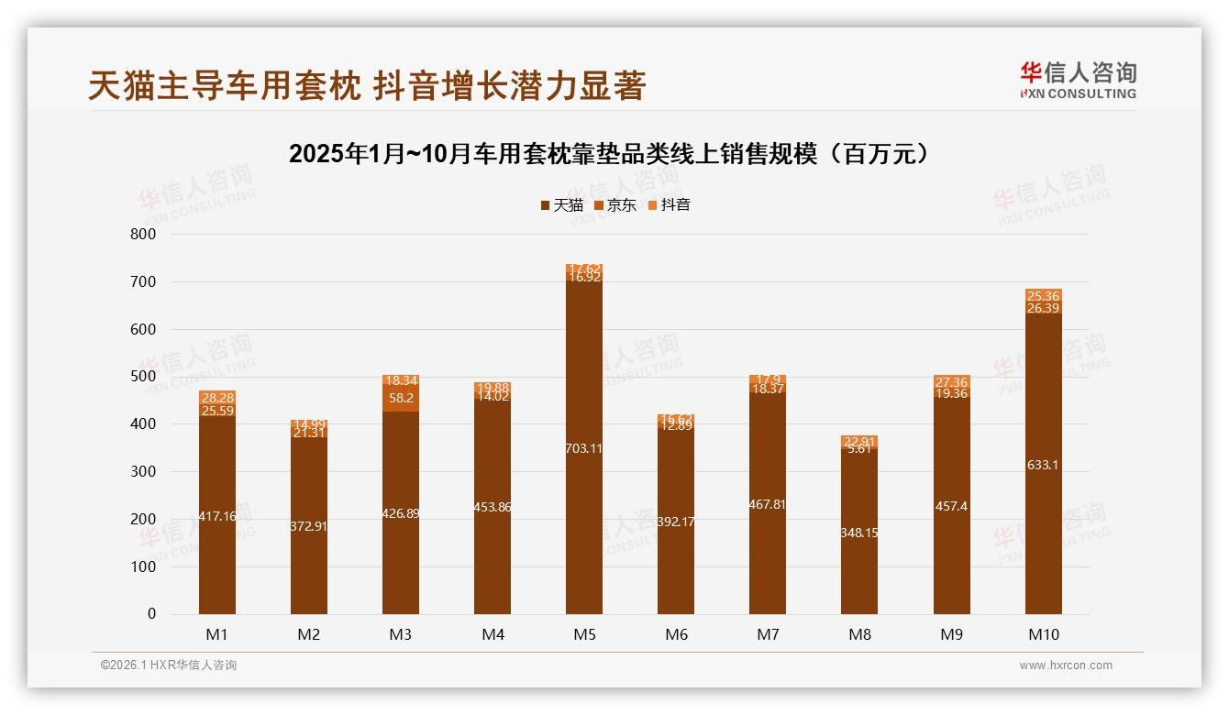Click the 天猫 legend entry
(562, 205)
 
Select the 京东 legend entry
(615, 205)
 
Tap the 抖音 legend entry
(670, 205)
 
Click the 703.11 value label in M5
(584, 448)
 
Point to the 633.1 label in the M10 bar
(1044, 465)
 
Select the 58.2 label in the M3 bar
(401, 399)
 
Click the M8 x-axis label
(859, 634)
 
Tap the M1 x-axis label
(217, 634)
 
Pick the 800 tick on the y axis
(143, 235)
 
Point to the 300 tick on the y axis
(143, 472)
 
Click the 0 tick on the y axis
(151, 614)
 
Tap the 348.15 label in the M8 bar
(859, 533)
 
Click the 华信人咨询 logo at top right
(1079, 80)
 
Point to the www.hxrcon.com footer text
(1066, 665)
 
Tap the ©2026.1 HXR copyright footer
(169, 665)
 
